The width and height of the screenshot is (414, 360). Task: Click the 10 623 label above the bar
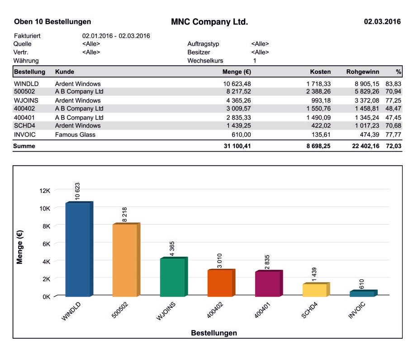click(78, 192)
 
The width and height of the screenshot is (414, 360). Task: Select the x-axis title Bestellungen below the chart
click(214, 333)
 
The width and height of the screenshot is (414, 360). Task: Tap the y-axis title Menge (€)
click(20, 247)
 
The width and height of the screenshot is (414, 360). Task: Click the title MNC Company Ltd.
click(209, 22)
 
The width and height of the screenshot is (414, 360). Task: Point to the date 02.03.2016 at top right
click(382, 22)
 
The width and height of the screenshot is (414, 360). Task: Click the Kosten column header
click(320, 72)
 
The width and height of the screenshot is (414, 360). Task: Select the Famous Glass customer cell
click(75, 134)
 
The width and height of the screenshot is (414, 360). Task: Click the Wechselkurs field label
click(205, 61)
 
